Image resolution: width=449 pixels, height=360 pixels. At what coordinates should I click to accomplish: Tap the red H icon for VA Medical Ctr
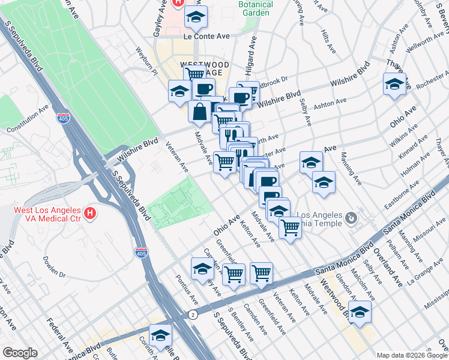89,212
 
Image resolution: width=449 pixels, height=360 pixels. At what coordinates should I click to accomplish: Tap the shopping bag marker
199,112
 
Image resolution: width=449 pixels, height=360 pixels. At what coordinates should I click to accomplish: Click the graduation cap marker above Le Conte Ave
196,18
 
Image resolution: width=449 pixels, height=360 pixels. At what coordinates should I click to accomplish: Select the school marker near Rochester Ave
394,85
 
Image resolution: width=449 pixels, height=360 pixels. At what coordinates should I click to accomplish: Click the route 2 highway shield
193,314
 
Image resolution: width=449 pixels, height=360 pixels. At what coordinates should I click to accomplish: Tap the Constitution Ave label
27,120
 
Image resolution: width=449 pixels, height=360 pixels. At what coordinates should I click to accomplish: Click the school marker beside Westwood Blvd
360,312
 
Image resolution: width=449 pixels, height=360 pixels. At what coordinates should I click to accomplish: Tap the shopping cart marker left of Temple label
290,227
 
